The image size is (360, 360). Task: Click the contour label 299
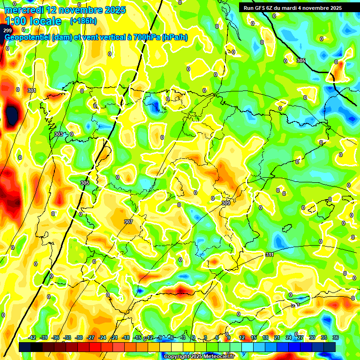(x=7, y=30)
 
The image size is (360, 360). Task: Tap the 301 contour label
(x=32, y=90)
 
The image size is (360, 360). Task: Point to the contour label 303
(x=59, y=134)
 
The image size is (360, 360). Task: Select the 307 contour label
(x=128, y=222)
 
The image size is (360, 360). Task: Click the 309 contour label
(x=226, y=203)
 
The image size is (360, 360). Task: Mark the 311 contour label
(x=269, y=255)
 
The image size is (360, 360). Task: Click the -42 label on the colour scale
(x=32, y=337)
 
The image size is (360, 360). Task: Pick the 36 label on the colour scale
(x=335, y=337)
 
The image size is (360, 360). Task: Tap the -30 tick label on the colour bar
(x=79, y=337)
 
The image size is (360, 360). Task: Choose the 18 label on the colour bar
(x=265, y=337)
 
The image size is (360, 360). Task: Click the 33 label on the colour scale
(x=324, y=337)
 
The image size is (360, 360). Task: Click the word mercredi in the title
(x=23, y=10)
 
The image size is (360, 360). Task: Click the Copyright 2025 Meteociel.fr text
(x=199, y=356)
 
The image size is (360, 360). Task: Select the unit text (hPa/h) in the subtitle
(x=174, y=37)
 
